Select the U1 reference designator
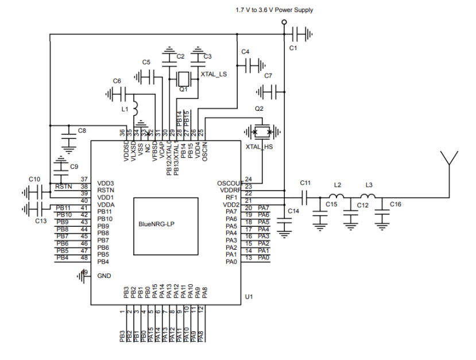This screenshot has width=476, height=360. point(249,297)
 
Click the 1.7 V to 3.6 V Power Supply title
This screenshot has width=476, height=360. point(274,10)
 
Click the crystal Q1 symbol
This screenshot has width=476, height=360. point(184,79)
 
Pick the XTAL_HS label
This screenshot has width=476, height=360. point(258,148)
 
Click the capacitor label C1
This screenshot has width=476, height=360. point(293,48)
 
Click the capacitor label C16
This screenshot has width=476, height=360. point(396,204)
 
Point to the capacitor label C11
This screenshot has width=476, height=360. point(305,183)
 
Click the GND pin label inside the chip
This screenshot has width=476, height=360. point(104,276)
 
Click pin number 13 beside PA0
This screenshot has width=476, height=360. point(249,258)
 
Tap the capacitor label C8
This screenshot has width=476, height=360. point(82,131)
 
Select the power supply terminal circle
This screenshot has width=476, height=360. point(284,23)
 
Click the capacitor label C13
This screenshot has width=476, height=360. point(40,220)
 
